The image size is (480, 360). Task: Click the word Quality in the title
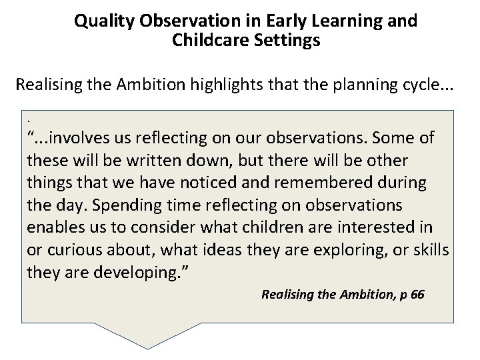[x=104, y=21]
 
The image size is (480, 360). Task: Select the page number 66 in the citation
[x=417, y=294]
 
